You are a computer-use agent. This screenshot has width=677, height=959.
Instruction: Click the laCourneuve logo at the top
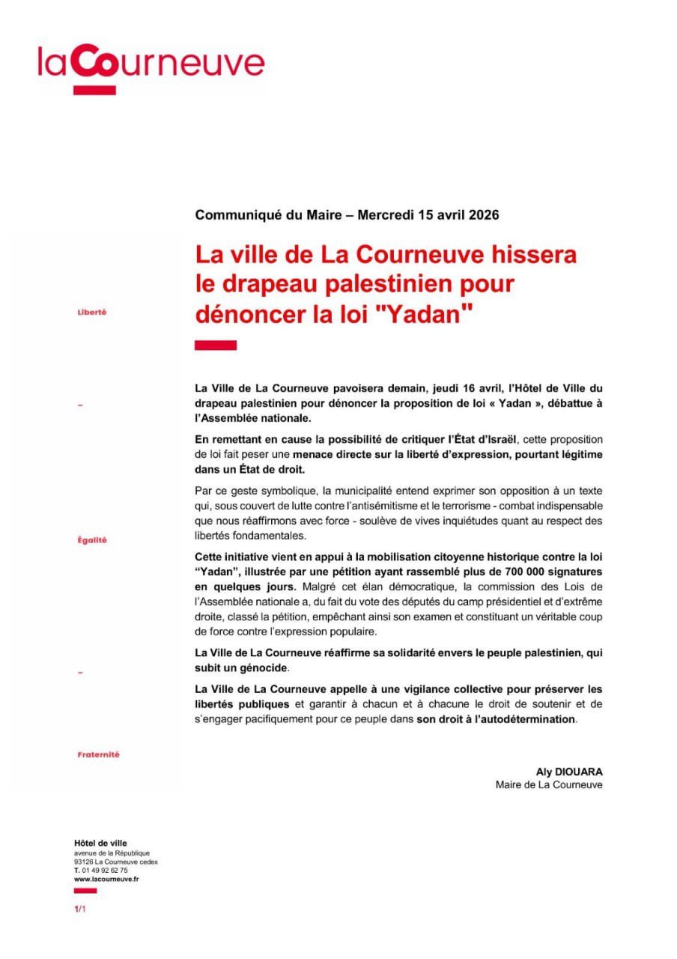(x=151, y=66)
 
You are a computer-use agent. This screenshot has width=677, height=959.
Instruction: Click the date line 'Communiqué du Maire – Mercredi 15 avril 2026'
(x=347, y=215)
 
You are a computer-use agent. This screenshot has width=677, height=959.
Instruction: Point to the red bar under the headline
(x=215, y=345)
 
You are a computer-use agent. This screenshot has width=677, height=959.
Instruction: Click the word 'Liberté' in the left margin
(x=92, y=312)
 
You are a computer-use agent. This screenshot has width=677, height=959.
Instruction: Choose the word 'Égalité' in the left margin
(x=92, y=540)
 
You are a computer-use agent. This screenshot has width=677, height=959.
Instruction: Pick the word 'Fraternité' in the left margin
(x=98, y=754)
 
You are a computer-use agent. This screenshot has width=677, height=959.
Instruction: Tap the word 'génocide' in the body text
(x=264, y=668)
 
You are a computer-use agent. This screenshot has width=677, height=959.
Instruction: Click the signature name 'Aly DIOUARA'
(x=569, y=771)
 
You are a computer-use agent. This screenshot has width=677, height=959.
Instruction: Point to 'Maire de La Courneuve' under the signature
(x=549, y=785)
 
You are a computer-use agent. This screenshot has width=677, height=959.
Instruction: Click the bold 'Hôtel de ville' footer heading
(x=100, y=844)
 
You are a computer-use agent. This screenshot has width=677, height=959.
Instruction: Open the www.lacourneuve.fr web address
(x=106, y=880)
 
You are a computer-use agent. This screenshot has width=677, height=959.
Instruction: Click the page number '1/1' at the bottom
(x=79, y=909)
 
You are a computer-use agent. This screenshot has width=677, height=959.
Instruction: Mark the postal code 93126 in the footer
(x=84, y=862)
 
